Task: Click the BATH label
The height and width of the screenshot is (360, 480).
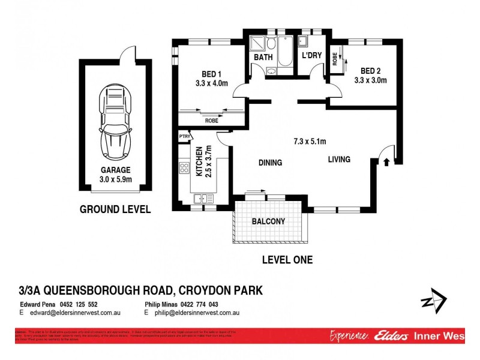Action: coord(263,58)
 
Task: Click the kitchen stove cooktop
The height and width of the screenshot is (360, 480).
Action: coord(184,169)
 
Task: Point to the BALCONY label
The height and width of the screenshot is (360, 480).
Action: coord(268,221)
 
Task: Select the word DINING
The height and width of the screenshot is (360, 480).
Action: coord(270,163)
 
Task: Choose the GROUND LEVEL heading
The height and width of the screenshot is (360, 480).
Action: coord(115,209)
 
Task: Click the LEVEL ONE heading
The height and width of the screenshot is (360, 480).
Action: coord(287,260)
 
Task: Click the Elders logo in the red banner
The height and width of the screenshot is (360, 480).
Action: coord(393,336)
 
